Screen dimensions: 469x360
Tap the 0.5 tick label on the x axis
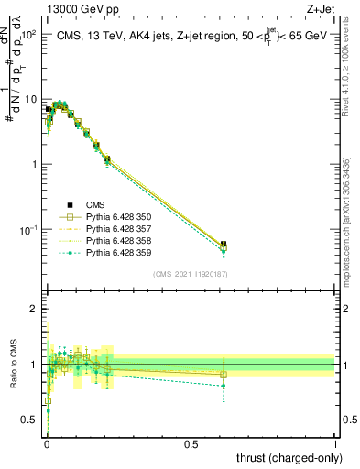tap(191, 443)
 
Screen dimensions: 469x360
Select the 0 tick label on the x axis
tap(46, 443)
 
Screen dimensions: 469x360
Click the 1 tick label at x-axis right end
tap(336, 443)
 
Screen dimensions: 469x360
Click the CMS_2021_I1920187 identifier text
tap(191, 273)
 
